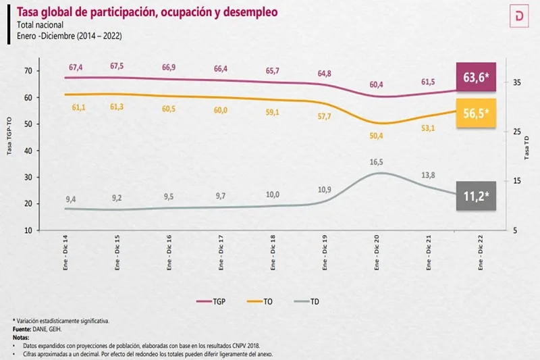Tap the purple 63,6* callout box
[x=476, y=76]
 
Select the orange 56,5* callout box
[x=476, y=113]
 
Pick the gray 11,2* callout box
[x=476, y=196]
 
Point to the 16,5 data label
[x=377, y=162]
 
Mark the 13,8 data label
[x=428, y=175]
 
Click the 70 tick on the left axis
[x=28, y=71]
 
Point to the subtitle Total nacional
[x=41, y=25]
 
